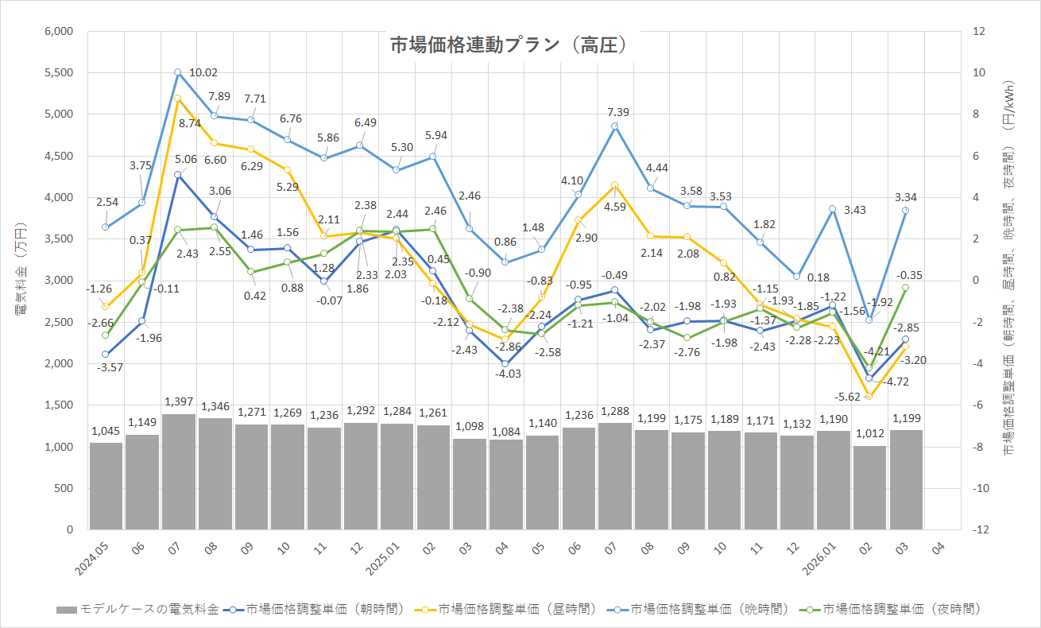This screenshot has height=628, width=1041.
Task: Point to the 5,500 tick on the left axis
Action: [58, 72]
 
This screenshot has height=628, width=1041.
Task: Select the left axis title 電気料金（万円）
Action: [21, 280]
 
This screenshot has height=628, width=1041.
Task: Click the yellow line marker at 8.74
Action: [177, 99]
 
